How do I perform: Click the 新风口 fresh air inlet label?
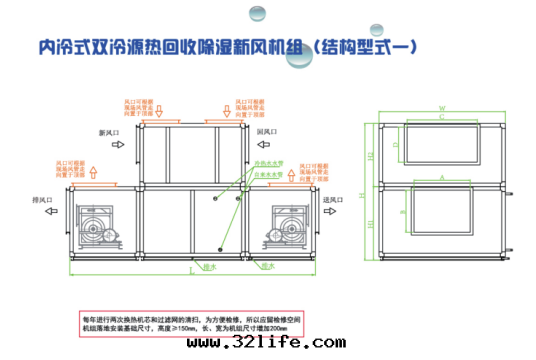(x=109, y=131)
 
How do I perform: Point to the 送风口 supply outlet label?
(x=333, y=199)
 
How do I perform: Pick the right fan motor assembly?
(x=291, y=225)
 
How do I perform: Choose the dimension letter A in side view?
(x=441, y=173)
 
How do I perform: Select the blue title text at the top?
(x=229, y=47)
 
